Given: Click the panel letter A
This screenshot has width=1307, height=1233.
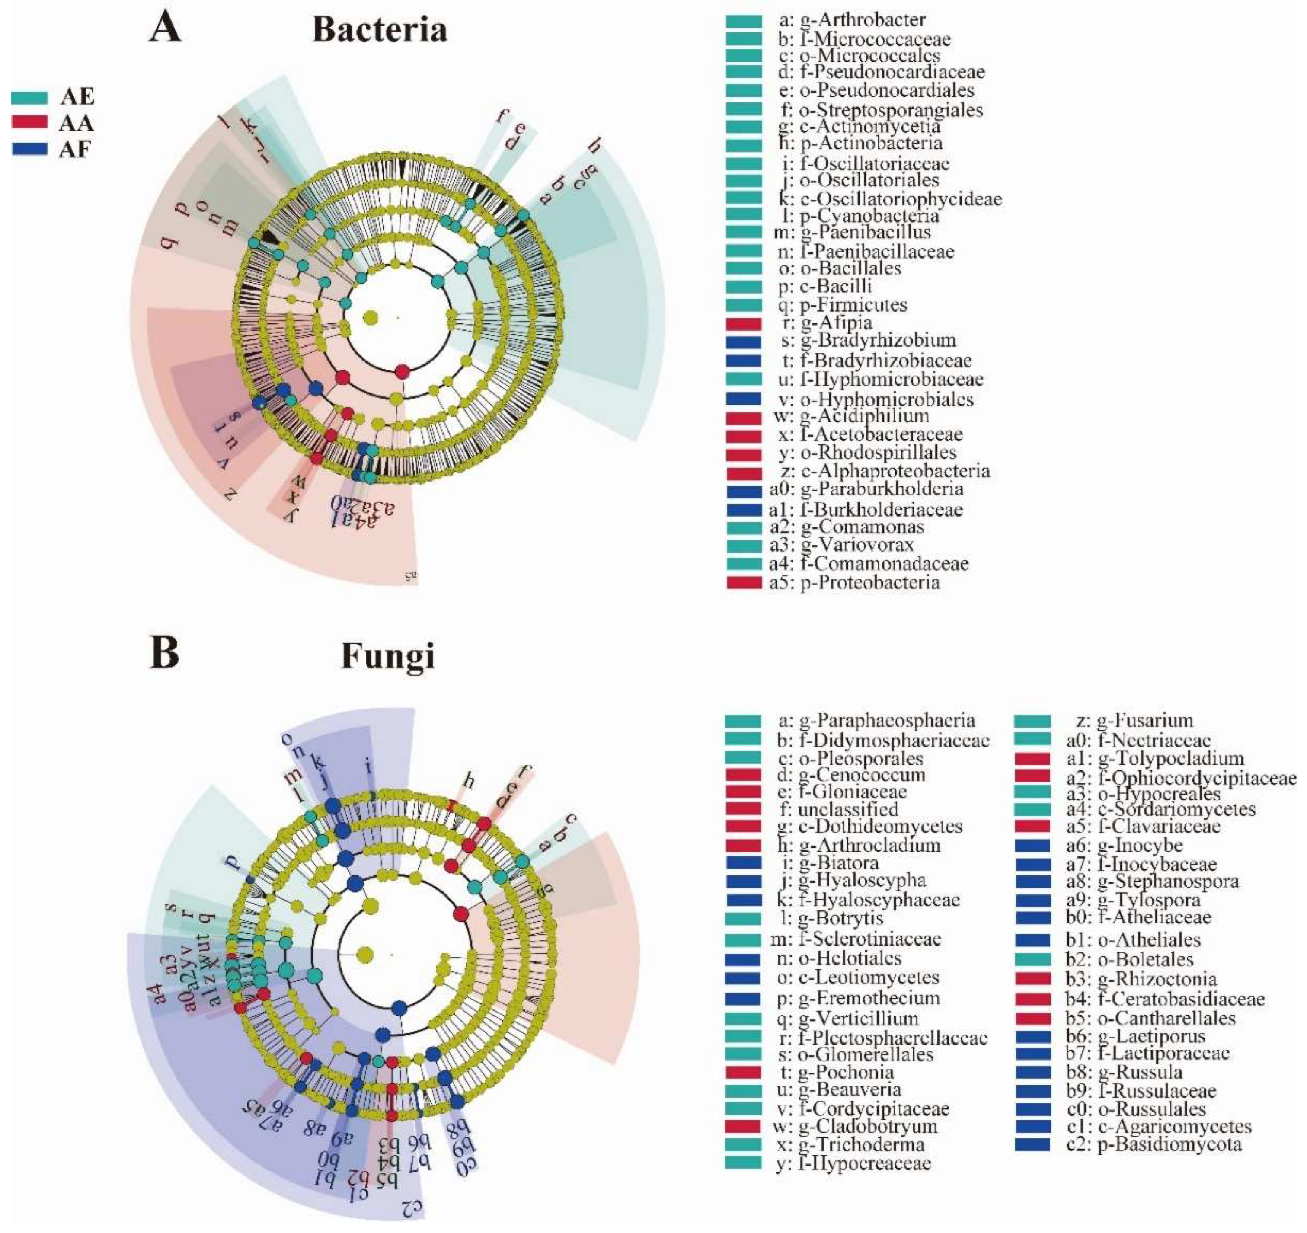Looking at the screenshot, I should coord(165,29).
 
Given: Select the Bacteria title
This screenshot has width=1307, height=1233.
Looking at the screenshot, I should coord(380,29).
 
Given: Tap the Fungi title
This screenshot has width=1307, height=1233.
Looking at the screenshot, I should coord(388,656).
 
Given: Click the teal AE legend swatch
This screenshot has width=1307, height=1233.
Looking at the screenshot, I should coord(29,97).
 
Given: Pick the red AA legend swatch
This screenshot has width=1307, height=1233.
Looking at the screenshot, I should coord(29,123).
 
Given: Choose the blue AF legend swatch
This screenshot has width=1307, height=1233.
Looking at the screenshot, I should coord(29,149).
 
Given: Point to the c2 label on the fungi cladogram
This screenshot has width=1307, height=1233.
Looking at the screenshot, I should coord(412,1206).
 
